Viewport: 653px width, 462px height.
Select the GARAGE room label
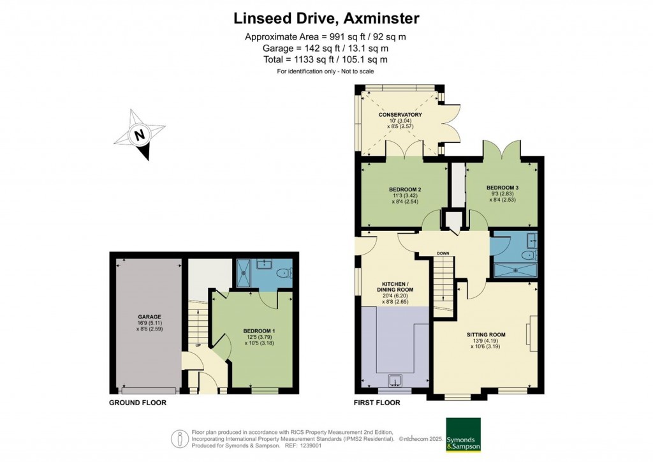(x=150, y=317)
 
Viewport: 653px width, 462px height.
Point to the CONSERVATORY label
(x=400, y=114)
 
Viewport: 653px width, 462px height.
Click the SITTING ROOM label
(x=485, y=334)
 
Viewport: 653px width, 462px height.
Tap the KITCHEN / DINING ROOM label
(x=398, y=286)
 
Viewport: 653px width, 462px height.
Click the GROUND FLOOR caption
(x=138, y=403)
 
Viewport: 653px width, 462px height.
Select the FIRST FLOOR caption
(x=377, y=403)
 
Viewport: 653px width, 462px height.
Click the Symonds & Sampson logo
(x=462, y=435)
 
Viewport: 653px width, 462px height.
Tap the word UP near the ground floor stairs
(x=198, y=345)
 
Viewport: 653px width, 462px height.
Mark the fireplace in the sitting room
(x=529, y=332)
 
